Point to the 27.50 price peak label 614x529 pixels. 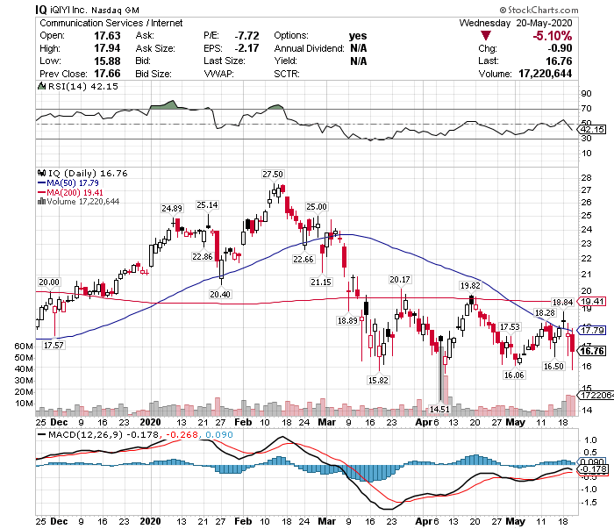[273, 175]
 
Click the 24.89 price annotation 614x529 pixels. [170, 208]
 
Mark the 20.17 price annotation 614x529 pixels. [399, 279]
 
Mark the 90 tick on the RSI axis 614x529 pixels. [586, 92]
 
